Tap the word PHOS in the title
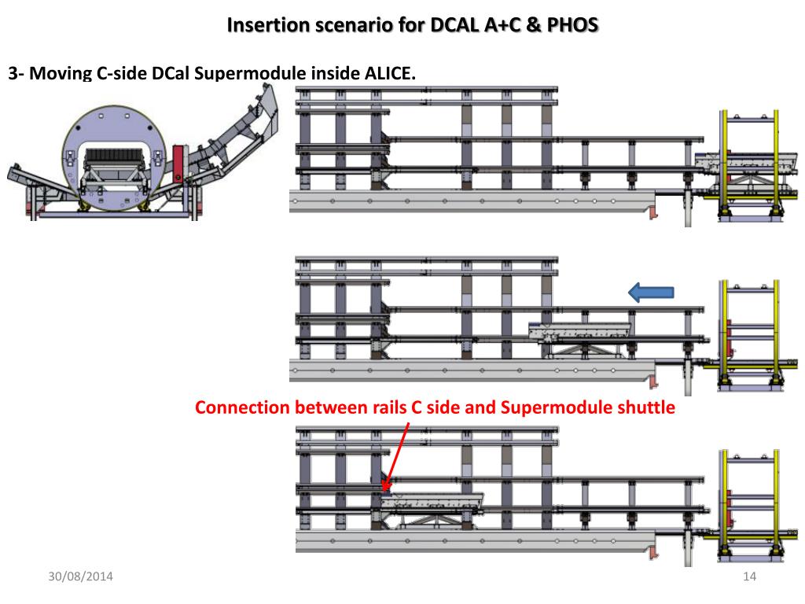click(x=572, y=25)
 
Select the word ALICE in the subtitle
click(x=386, y=74)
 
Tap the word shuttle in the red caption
click(x=646, y=409)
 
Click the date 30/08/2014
click(x=78, y=578)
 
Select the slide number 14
click(x=748, y=578)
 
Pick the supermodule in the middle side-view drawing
click(x=581, y=331)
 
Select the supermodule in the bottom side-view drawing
click(x=433, y=501)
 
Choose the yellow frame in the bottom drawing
click(x=750, y=503)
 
